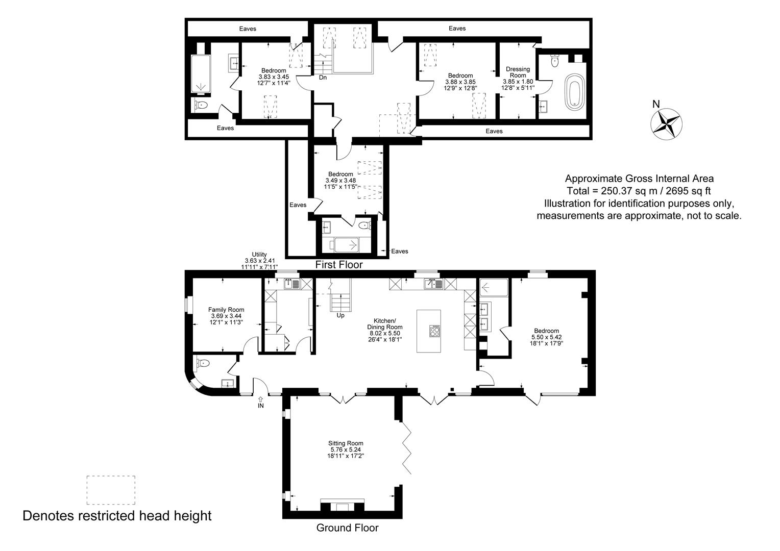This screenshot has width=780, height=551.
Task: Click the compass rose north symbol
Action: (666, 124)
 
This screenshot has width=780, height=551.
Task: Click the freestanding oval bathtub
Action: (575, 92)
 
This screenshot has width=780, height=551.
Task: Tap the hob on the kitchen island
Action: (434, 331)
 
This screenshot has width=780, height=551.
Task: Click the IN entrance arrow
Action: (261, 399)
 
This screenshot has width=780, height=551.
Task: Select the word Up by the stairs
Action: (340, 315)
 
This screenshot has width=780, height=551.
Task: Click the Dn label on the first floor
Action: (323, 77)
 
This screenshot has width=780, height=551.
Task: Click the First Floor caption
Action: (339, 265)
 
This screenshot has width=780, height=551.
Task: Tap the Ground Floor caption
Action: (347, 528)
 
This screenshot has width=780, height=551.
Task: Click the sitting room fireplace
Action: (343, 505)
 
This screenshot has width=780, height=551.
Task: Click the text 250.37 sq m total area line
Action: (639, 191)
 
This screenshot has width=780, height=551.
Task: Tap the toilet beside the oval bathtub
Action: (555, 61)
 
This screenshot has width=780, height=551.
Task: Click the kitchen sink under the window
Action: (433, 284)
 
